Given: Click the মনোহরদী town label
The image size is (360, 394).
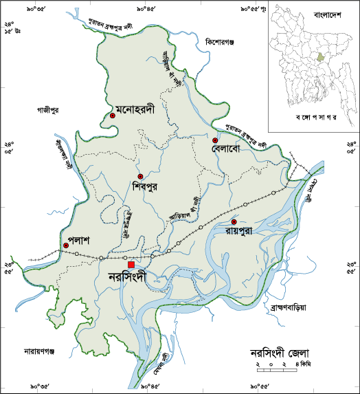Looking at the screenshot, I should (138, 109).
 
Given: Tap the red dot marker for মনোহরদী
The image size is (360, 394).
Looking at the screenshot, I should (112, 116).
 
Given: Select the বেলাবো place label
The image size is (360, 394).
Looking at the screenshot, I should (229, 149).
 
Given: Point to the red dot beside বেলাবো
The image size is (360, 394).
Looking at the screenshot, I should (215, 140).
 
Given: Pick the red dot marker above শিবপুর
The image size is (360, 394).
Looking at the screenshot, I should (140, 177).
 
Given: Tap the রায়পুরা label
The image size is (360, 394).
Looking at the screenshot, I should (240, 231).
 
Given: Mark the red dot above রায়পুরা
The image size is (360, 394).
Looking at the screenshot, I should (234, 222).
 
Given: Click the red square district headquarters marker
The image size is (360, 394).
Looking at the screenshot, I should (131, 265).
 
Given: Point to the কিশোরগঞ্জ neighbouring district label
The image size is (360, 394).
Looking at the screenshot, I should (220, 43).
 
